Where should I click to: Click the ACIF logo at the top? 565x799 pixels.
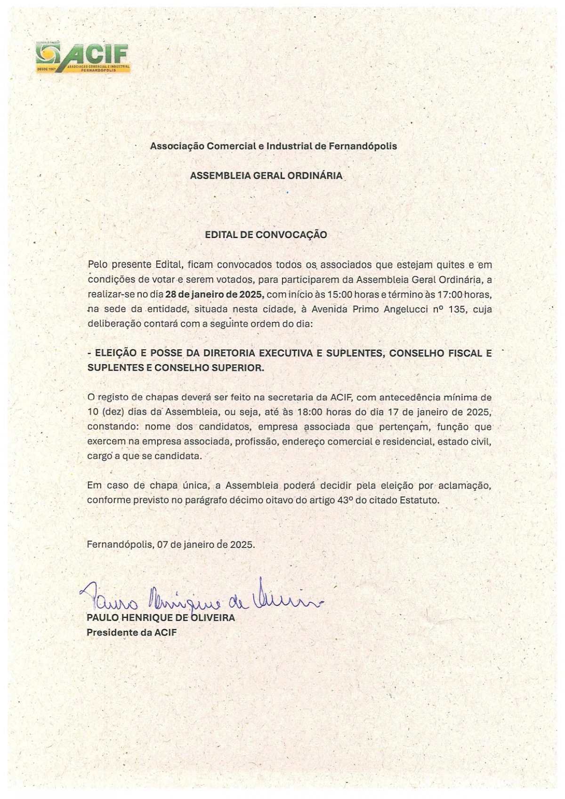coord(83,57)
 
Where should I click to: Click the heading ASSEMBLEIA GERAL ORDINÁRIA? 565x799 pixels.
coord(266,176)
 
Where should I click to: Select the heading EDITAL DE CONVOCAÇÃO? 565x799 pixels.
coord(266,234)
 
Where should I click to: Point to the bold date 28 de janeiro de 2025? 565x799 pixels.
coord(215,295)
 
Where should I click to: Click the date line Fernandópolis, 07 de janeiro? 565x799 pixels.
coord(170,545)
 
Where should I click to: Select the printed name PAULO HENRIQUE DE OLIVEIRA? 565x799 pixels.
coord(161,618)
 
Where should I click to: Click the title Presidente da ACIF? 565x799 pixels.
coord(131,632)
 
